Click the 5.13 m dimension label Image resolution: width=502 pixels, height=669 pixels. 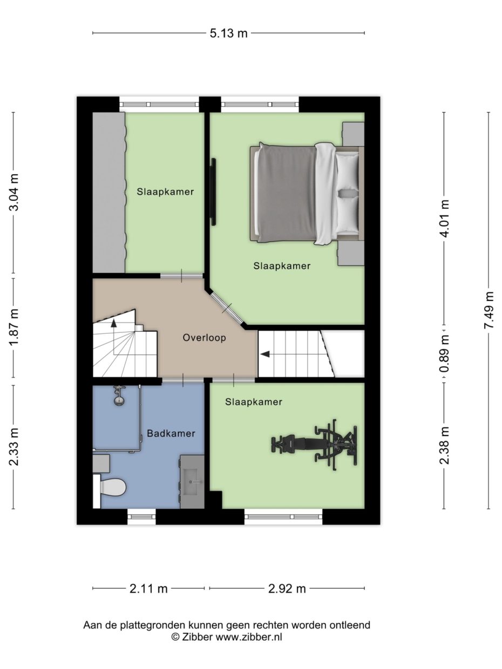(x=228, y=33)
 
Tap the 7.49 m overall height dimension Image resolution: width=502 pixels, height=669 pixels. (x=489, y=310)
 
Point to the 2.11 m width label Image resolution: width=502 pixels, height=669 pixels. (x=148, y=589)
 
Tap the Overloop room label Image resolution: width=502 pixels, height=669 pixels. (x=203, y=338)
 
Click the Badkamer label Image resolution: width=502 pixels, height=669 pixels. (x=171, y=433)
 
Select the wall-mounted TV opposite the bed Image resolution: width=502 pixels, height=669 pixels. (x=214, y=192)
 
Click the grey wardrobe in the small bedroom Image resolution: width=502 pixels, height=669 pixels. (x=108, y=193)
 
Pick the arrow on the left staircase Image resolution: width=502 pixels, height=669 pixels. (x=114, y=323)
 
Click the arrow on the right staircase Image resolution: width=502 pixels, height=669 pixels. (x=265, y=354)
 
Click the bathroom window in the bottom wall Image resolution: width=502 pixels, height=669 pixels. (x=141, y=516)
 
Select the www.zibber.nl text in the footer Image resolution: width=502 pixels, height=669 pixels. (x=249, y=637)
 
